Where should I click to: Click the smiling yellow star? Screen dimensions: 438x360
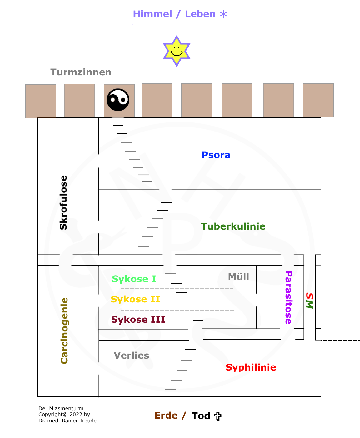[177, 51]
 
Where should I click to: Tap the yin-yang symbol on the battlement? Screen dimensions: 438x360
[118, 100]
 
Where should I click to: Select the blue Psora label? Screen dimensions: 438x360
[216, 155]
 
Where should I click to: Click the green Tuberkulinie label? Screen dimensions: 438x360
[233, 226]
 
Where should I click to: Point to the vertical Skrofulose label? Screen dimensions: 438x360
[63, 203]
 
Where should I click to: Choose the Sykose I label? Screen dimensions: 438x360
[134, 279]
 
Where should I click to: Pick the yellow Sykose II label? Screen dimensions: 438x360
[135, 299]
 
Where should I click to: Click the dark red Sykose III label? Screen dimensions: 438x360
[138, 320]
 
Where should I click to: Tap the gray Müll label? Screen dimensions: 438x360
[239, 276]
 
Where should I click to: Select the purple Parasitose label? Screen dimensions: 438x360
[288, 297]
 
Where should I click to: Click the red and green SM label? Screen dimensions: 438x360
[309, 301]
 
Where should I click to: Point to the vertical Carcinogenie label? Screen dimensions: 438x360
[64, 331]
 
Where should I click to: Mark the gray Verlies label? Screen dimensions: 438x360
[131, 356]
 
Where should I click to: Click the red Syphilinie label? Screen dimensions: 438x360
[251, 367]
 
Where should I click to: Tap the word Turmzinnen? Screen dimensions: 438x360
[81, 72]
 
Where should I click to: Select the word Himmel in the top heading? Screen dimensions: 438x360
[152, 14]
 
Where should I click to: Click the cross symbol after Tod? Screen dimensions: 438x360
[218, 416]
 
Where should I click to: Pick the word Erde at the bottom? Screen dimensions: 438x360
[166, 416]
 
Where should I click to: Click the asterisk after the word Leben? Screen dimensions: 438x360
[223, 14]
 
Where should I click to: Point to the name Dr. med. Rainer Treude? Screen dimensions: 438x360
[67, 421]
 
